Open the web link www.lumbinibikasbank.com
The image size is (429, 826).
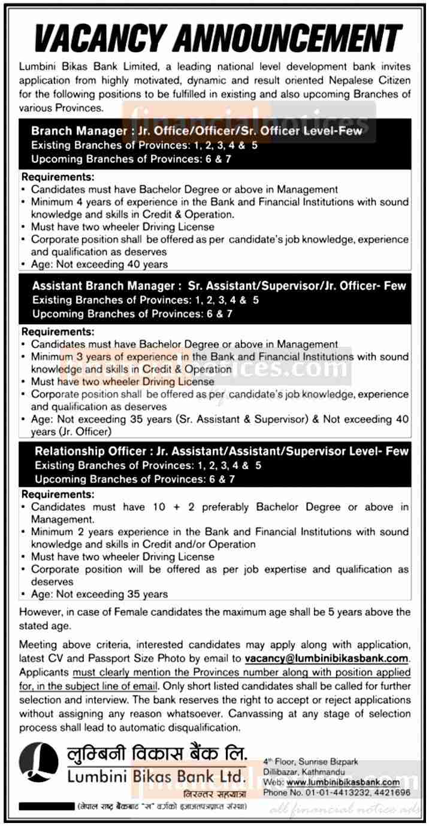(343, 782)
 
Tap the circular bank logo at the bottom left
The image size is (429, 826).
(39, 763)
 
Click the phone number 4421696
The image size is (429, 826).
(393, 792)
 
